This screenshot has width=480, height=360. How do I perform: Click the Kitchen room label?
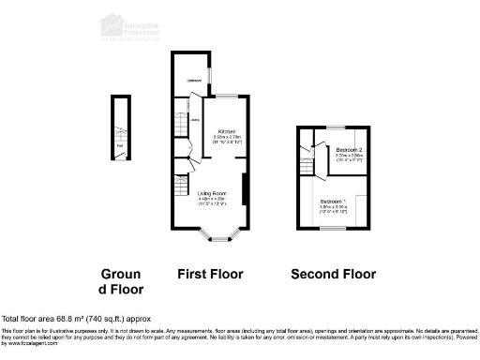[x=227, y=130]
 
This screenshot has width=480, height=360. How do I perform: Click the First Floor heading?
[x=210, y=275]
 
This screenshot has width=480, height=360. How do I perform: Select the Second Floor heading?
[x=333, y=275]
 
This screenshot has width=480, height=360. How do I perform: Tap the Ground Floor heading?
[x=121, y=281]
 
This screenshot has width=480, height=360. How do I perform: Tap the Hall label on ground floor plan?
[x=120, y=145]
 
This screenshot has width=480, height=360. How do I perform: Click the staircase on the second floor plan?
[x=307, y=165]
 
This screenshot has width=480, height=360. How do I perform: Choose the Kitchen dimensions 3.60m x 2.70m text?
[x=227, y=137]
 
